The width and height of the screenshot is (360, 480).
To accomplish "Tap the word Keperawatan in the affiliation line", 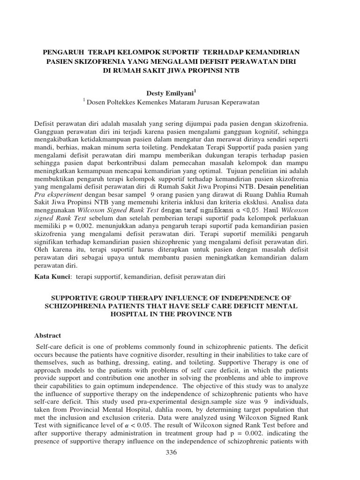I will [239, 102].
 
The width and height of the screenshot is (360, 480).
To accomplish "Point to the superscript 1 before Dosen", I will [84, 100].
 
